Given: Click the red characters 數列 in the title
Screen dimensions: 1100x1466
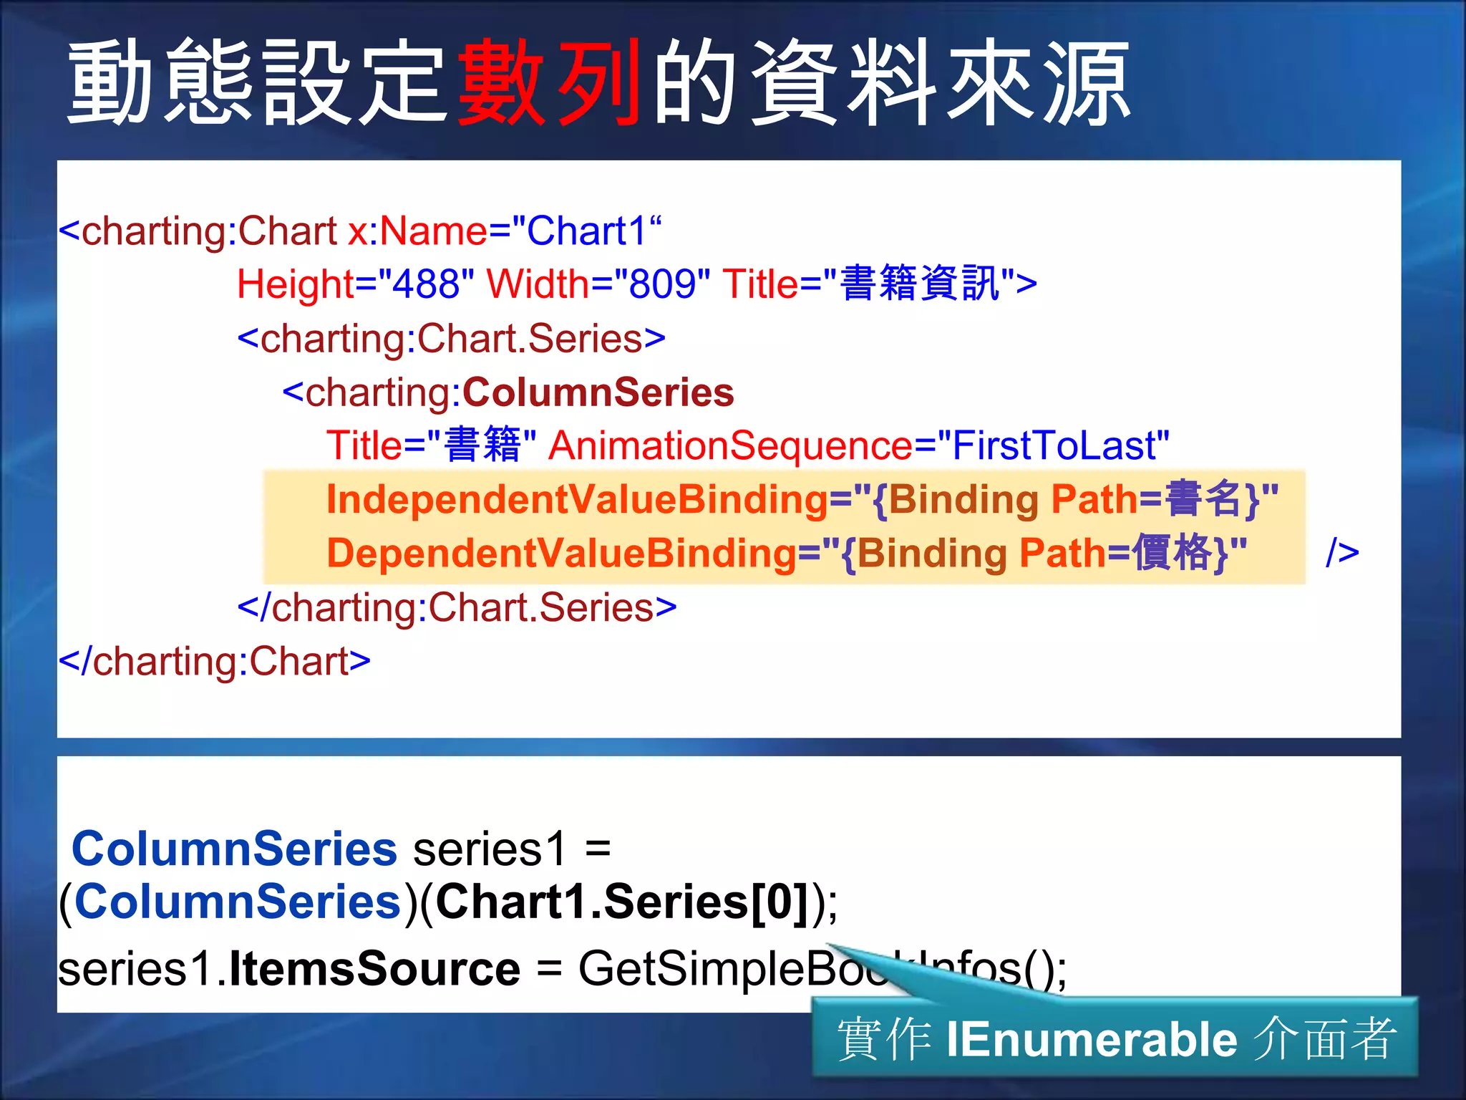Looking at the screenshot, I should point(548,82).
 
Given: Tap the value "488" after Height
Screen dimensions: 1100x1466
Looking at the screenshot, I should point(427,284).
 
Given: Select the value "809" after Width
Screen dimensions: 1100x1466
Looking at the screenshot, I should point(662,284).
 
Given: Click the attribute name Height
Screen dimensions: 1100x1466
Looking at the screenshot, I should point(296,284).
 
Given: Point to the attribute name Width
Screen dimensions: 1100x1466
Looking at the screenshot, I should point(538,284).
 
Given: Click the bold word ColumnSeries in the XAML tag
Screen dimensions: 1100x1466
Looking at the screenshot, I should point(598,392).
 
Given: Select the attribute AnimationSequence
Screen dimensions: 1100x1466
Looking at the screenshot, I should point(730,445).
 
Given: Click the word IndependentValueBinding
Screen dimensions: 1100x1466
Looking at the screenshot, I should point(577,499).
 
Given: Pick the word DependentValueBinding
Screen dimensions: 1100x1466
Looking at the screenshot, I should point(561,553).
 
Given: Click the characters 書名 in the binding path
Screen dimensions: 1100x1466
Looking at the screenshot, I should point(1203,499).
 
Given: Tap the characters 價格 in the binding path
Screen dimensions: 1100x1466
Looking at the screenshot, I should point(1171,553).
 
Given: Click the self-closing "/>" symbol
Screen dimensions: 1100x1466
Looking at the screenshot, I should point(1342,553).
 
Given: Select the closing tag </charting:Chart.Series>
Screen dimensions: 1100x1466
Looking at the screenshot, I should point(457,607).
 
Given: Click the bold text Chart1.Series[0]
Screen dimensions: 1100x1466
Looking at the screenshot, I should point(622,902).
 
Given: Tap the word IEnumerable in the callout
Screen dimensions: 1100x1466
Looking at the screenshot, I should point(1092,1039).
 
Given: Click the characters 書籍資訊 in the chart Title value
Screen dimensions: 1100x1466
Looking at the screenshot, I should point(920,284).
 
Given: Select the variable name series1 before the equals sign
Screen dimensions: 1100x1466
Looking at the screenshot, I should point(490,849).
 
